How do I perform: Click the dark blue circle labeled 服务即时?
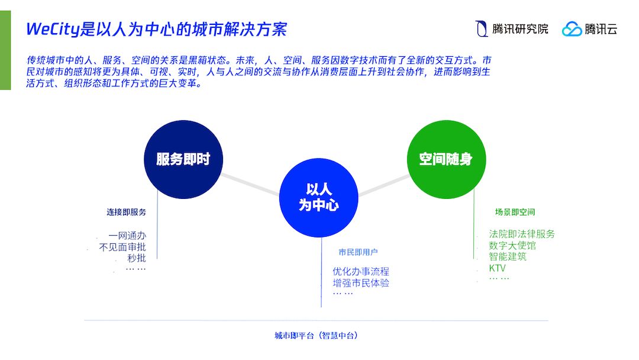(x=183, y=159)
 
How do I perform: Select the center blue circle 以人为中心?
(x=319, y=197)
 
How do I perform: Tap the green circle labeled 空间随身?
(x=446, y=159)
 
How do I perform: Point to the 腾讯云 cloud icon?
(x=572, y=29)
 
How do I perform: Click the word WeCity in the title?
(x=53, y=29)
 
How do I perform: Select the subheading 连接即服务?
(x=126, y=212)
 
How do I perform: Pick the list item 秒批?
(x=136, y=258)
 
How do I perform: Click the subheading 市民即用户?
(x=358, y=252)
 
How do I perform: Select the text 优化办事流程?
(x=360, y=272)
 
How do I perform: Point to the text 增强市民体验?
(x=360, y=283)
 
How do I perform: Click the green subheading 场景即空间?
(x=515, y=212)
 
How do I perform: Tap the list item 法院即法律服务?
(x=522, y=234)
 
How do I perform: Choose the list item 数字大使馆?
(x=512, y=245)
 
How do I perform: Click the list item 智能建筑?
(x=508, y=256)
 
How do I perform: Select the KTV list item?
(x=497, y=268)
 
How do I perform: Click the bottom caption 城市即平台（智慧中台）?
(x=316, y=336)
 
